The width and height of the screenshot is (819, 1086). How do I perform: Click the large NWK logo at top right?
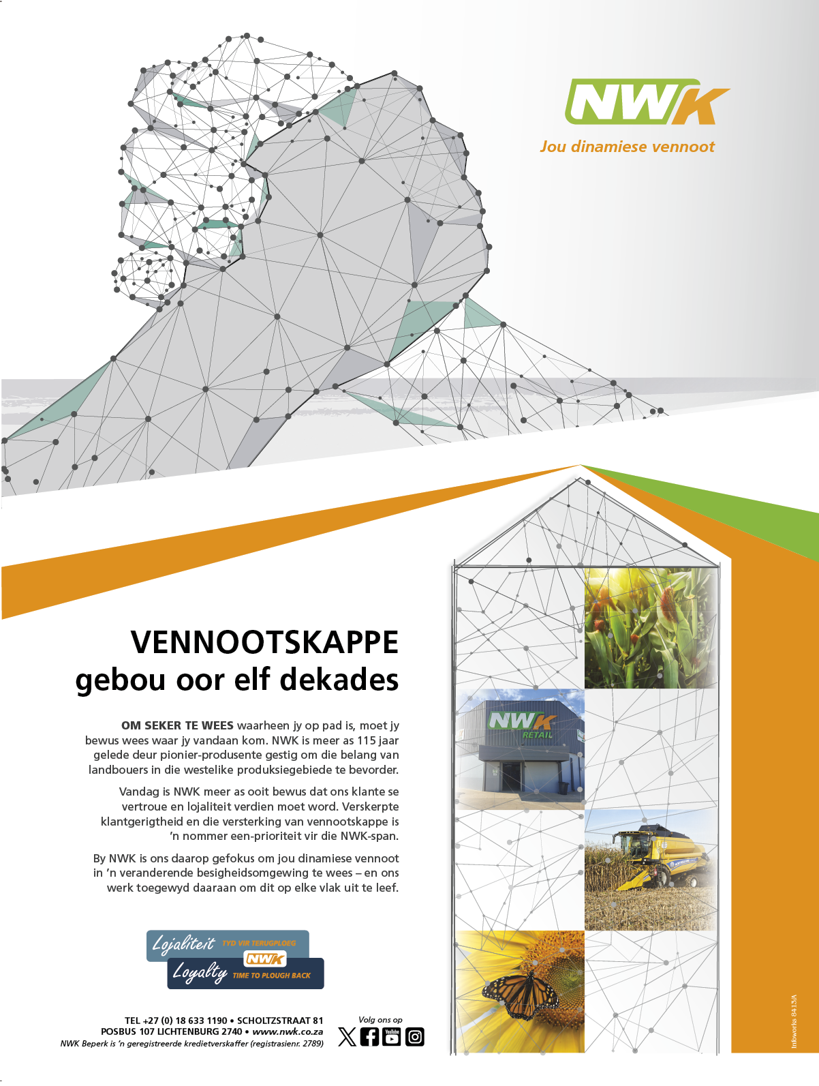coord(645,103)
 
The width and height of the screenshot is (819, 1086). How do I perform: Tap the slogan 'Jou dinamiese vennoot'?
coord(627,147)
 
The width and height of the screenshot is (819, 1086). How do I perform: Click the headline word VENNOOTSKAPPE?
coord(264,642)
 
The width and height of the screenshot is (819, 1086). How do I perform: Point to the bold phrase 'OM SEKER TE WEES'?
coord(177,725)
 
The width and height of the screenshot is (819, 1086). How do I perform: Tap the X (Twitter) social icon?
coord(347,1037)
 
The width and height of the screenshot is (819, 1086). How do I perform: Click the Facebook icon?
coord(369,1037)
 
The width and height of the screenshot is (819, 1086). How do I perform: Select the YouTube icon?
coord(392,1037)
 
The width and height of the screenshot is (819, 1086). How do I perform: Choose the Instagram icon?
coord(415,1037)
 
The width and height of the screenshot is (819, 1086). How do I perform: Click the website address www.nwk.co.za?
coord(288,1031)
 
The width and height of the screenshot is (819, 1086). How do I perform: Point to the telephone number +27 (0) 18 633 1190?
coord(185,1021)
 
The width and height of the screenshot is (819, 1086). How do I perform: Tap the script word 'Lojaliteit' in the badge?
coord(183,944)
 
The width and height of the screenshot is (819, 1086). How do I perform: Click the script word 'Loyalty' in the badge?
coord(199,972)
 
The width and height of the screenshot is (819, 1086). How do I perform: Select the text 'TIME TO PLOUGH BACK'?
coord(271,976)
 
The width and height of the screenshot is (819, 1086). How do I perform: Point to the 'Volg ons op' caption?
coord(380,1020)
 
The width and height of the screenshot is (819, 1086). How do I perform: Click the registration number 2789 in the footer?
coord(312,1043)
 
